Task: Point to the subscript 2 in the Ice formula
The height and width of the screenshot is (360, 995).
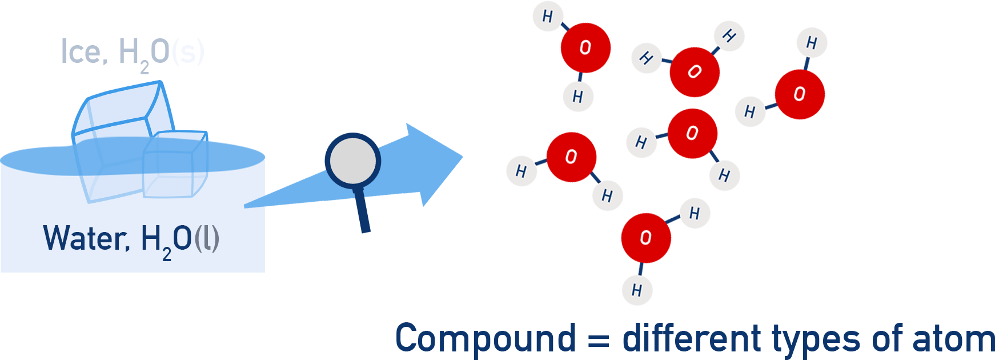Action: [145, 68]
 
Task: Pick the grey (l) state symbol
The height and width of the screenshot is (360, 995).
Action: [207, 238]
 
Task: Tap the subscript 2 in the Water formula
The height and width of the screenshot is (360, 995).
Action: [167, 254]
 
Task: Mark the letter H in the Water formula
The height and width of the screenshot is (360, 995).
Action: [151, 238]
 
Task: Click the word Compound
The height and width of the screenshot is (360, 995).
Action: [486, 339]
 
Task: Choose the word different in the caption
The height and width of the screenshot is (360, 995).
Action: [692, 338]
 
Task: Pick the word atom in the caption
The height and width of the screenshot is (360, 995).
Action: [953, 339]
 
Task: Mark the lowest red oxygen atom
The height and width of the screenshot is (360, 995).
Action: [645, 238]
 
